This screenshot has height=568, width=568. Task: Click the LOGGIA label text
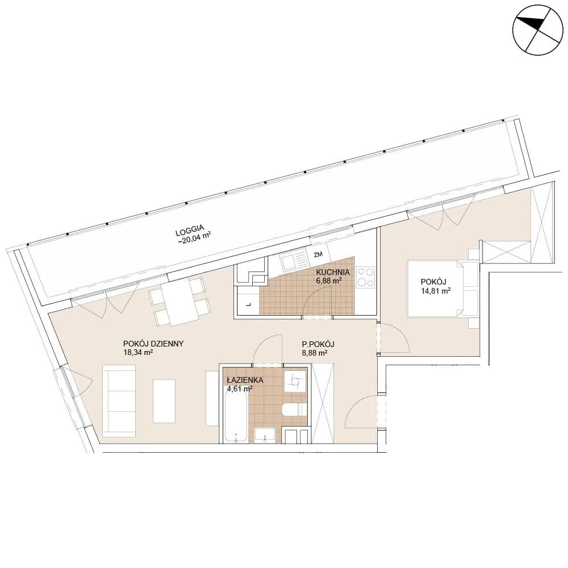[x=190, y=231]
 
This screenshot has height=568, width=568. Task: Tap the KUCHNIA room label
[x=333, y=272]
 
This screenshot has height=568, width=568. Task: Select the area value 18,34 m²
[x=138, y=352]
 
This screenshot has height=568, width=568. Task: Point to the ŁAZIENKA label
[x=245, y=381]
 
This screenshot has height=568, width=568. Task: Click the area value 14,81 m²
[x=436, y=290]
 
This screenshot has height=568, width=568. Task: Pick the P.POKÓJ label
[x=318, y=344]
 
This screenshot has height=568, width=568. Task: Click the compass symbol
[x=538, y=30]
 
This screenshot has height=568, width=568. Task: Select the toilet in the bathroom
[x=294, y=410]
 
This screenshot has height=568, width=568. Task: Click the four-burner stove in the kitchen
[x=365, y=278]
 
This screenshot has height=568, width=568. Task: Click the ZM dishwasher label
[x=318, y=254]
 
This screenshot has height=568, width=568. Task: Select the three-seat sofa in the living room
[x=119, y=400]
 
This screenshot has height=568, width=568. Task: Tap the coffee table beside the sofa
[x=164, y=401]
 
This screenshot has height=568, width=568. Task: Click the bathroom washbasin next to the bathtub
[x=265, y=436]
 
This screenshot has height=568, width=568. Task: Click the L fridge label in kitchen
[x=249, y=304]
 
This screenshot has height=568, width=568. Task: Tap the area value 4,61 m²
[x=240, y=389]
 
